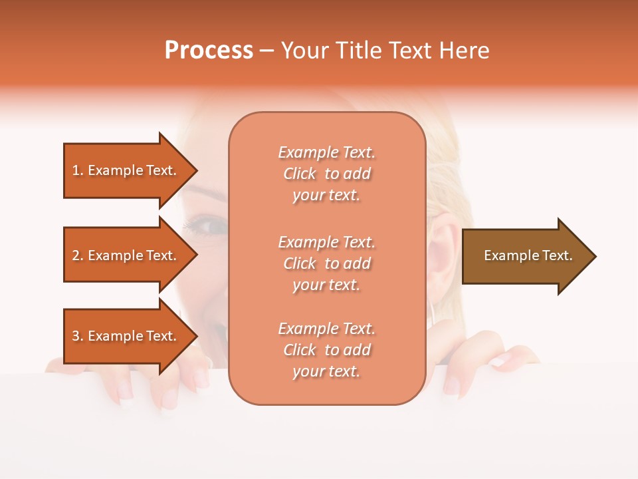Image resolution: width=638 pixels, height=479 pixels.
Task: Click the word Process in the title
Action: pos(209,51)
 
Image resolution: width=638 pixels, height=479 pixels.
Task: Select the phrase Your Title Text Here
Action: pos(385,51)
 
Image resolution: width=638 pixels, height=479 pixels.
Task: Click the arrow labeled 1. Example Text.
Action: pos(125,170)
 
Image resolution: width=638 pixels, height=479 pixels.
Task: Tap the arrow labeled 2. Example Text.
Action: pos(125,255)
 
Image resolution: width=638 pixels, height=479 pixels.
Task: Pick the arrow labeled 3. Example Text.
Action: pos(125,336)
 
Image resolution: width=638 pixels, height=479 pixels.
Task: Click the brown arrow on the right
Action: pos(528,255)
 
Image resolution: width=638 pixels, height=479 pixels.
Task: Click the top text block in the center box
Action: pos(327,174)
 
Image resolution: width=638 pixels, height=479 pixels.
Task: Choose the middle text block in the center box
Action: pos(327,263)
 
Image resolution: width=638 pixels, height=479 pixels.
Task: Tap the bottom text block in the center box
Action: pos(327,350)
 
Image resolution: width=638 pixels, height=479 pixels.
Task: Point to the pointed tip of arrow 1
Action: pos(196,170)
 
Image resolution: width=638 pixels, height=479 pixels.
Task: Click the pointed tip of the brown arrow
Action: pos(595,256)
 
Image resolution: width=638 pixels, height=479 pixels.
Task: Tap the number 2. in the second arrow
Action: pos(77,255)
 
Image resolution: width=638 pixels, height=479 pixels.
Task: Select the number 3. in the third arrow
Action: pos(77,336)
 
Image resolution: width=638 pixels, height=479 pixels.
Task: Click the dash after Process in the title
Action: pos(266,51)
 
